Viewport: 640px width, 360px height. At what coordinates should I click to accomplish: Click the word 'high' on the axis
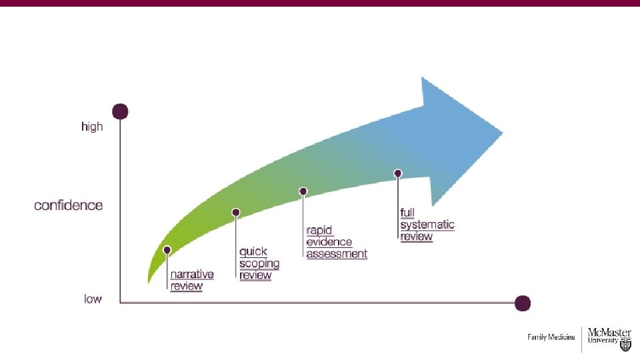click(x=92, y=126)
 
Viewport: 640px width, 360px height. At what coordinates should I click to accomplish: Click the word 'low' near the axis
click(x=93, y=299)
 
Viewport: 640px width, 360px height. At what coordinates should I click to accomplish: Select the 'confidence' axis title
click(x=69, y=205)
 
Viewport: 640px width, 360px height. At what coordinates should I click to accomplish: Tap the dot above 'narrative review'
click(x=167, y=250)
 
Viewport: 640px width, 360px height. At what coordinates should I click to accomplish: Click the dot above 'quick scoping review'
click(x=235, y=213)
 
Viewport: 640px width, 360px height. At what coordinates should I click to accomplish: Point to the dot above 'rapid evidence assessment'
click(x=303, y=191)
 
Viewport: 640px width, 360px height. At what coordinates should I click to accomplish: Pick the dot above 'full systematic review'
click(x=398, y=173)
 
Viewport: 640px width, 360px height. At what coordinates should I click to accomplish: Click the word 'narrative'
click(x=192, y=274)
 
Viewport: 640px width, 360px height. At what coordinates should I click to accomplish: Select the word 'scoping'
click(x=259, y=263)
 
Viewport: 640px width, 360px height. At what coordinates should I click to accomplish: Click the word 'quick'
click(x=253, y=251)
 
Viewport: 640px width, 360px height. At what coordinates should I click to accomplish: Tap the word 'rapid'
click(x=319, y=230)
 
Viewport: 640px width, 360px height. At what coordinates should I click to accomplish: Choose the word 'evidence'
click(x=329, y=242)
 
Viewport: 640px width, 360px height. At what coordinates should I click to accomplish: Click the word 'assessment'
click(x=337, y=254)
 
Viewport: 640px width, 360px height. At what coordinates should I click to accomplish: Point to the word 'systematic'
click(x=427, y=225)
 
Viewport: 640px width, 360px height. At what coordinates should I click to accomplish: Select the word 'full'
click(x=407, y=213)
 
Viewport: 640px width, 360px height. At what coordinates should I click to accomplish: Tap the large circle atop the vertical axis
click(x=120, y=111)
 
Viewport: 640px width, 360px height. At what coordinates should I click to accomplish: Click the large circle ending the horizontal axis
click(x=523, y=303)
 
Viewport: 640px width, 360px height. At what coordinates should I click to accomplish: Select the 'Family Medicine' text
click(x=551, y=337)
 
